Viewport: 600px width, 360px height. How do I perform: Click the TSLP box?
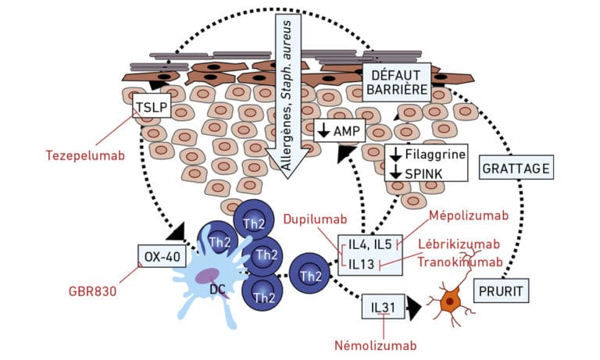pyautogui.click(x=152, y=107)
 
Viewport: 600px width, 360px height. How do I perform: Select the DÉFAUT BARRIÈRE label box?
pyautogui.click(x=396, y=82)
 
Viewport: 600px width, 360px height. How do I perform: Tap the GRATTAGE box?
pyautogui.click(x=516, y=168)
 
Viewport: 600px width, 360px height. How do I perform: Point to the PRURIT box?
pyautogui.click(x=501, y=290)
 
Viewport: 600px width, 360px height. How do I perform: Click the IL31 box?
pyautogui.click(x=383, y=306)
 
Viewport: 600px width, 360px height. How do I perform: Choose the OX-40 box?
pyautogui.click(x=162, y=256)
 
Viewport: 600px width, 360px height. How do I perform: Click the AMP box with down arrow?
pyautogui.click(x=339, y=130)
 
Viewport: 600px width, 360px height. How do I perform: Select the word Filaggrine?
pyautogui.click(x=435, y=154)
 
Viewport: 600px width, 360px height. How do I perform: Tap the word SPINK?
pyautogui.click(x=423, y=174)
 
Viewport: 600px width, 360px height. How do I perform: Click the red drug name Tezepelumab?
pyautogui.click(x=85, y=155)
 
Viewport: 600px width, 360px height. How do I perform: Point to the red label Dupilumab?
pyautogui.click(x=316, y=219)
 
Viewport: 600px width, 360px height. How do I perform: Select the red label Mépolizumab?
pyautogui.click(x=469, y=216)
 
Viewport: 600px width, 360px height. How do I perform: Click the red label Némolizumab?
pyautogui.click(x=375, y=345)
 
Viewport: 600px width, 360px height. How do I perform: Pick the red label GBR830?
pyautogui.click(x=92, y=291)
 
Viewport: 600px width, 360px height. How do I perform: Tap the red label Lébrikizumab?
pyautogui.click(x=459, y=244)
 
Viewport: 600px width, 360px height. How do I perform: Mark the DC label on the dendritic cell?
pyautogui.click(x=217, y=290)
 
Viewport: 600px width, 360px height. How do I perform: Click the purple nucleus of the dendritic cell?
pyautogui.click(x=209, y=276)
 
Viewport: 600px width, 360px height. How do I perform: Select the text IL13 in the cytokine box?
pyautogui.click(x=361, y=264)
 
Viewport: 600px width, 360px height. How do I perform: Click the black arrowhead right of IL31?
pyautogui.click(x=413, y=307)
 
